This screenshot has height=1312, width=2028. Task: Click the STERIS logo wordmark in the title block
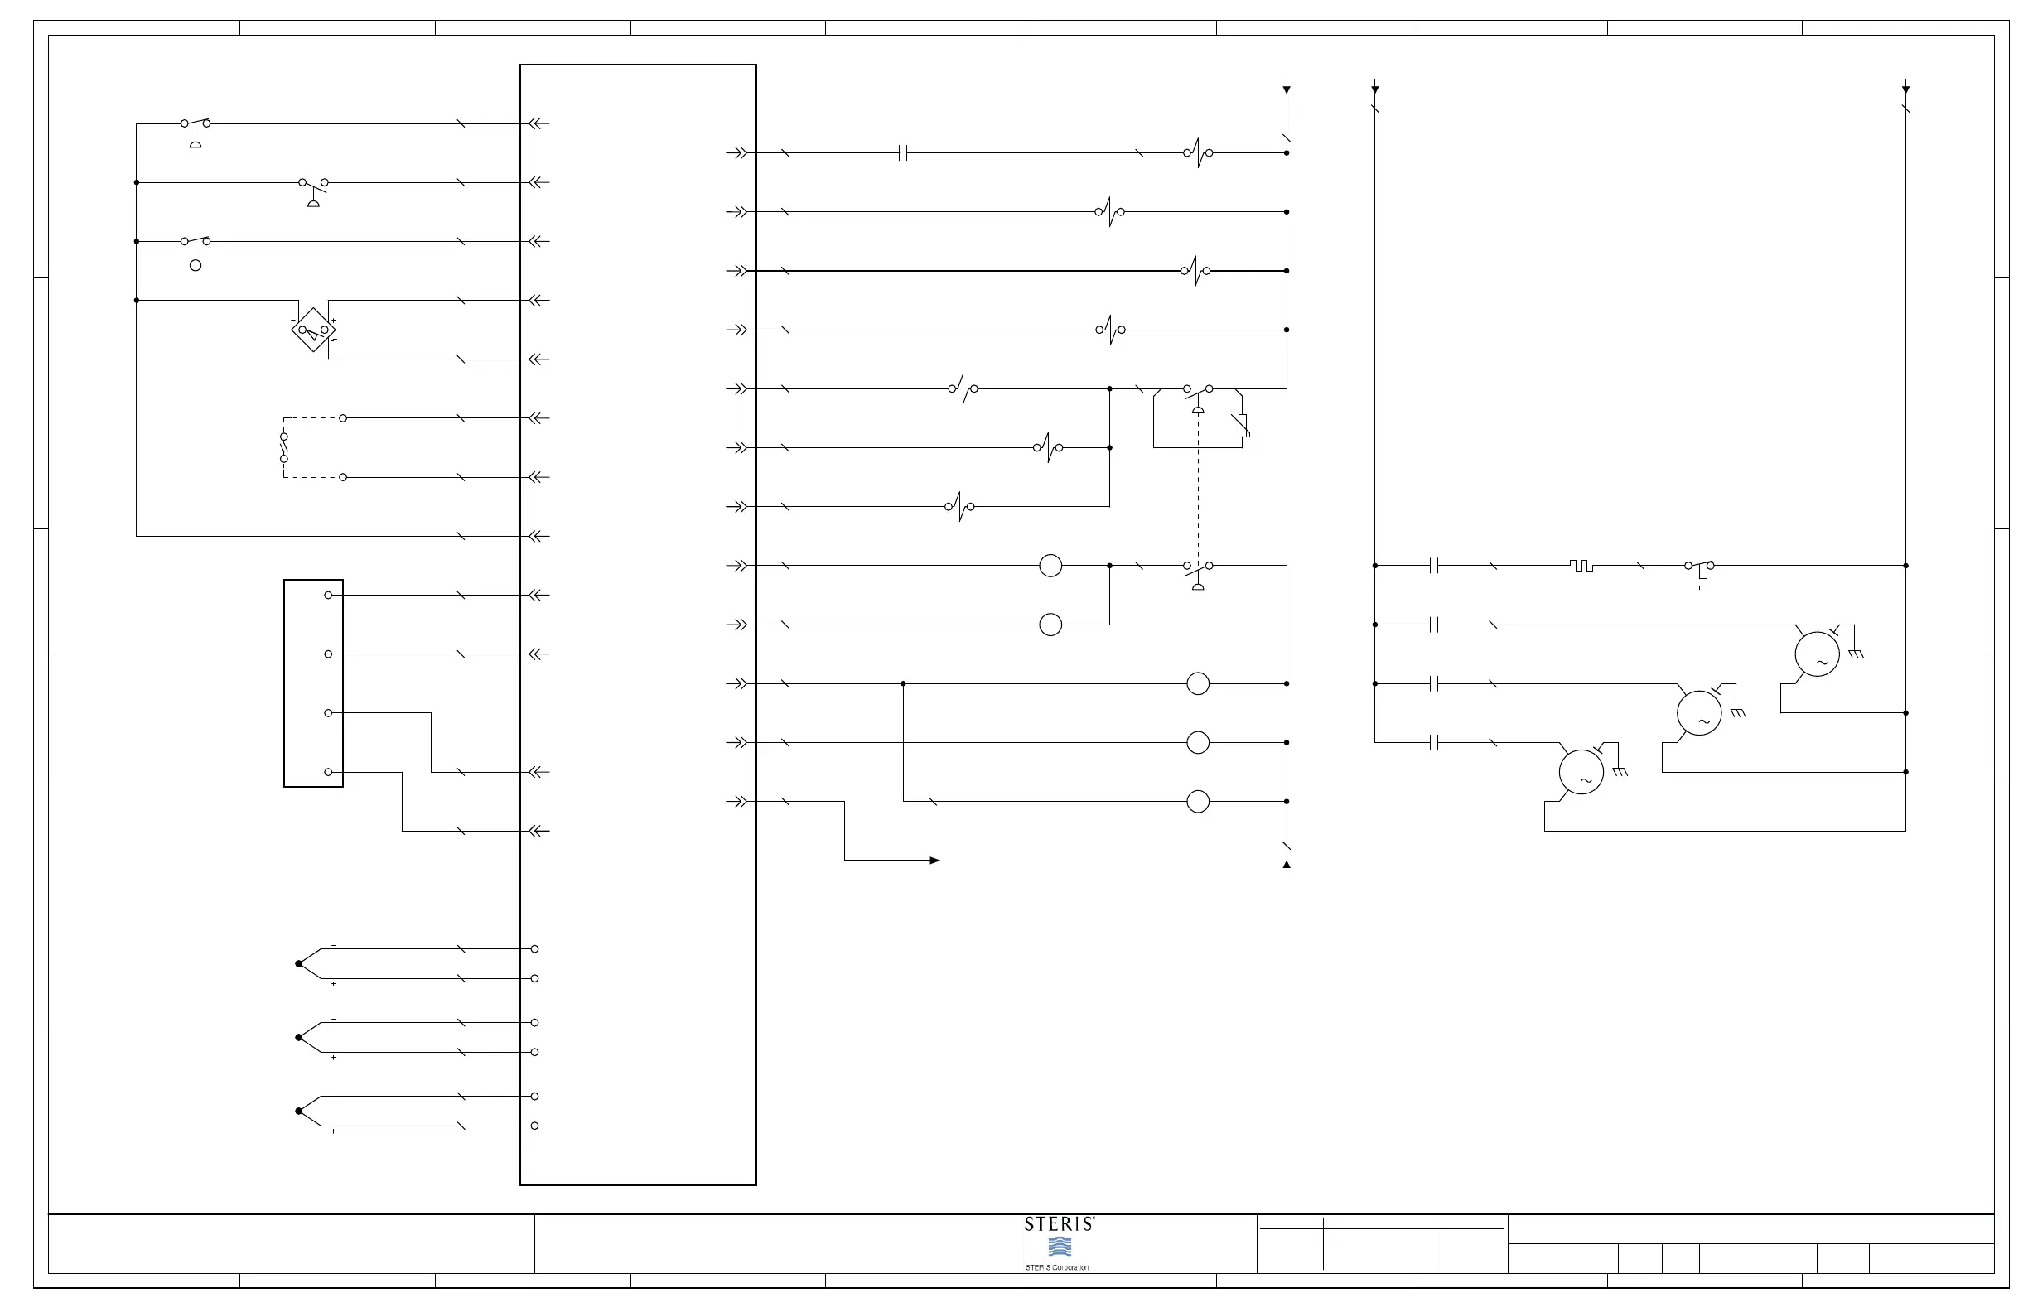pos(1060,1224)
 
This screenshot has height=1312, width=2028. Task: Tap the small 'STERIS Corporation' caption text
pos(1056,1268)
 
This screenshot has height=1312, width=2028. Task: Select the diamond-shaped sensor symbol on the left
pos(312,330)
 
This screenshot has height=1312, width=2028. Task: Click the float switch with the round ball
pos(196,252)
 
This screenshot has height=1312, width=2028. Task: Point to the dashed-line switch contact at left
pos(284,447)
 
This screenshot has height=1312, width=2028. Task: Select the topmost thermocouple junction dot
pos(298,963)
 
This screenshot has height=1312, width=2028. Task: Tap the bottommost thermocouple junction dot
pos(298,1111)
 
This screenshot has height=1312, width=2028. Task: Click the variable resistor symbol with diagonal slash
pos(1243,425)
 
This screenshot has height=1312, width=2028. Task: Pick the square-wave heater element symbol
pos(1581,566)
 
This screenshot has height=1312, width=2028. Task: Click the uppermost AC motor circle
pos(1817,654)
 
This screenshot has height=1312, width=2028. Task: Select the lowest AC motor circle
pos(1581,772)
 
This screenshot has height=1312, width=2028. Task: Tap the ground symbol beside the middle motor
pos(1738,712)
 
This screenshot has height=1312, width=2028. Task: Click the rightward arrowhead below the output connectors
pos(934,861)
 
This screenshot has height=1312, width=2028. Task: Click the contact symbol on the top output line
pos(904,153)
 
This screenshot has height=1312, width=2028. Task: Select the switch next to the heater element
pos(1700,569)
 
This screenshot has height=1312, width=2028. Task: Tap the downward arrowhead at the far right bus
pos(1905,89)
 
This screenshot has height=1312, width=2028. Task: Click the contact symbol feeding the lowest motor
pos(1435,743)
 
